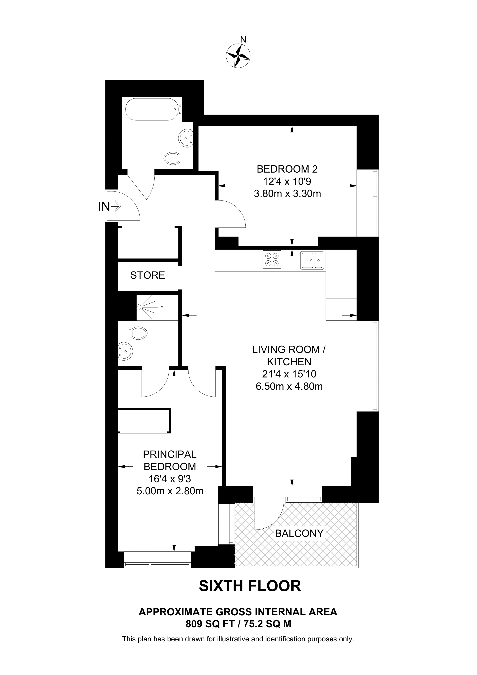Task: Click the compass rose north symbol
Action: [238, 56]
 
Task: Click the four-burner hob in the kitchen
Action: [272, 259]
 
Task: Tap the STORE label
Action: [147, 275]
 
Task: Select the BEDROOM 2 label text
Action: [287, 169]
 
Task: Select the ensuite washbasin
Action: [126, 351]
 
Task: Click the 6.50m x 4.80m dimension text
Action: [289, 386]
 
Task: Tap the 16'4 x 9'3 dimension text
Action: [170, 479]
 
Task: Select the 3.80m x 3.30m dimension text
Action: [287, 194]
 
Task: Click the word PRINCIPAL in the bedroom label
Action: [170, 454]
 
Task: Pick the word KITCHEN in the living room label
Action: [289, 362]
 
